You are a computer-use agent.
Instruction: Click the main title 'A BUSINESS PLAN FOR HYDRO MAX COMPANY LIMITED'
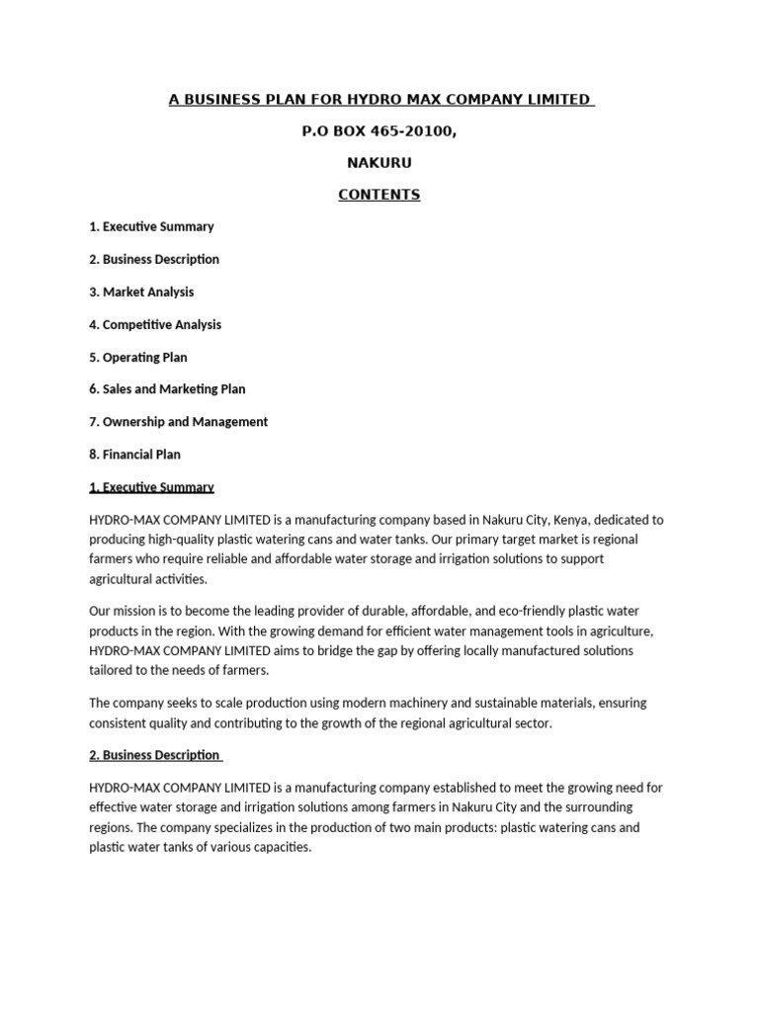(379, 99)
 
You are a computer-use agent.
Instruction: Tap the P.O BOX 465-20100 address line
(379, 130)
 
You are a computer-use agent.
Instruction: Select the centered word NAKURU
(379, 162)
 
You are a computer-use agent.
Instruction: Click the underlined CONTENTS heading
(379, 195)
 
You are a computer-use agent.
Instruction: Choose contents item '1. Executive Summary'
(151, 226)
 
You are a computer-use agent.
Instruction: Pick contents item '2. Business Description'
(154, 259)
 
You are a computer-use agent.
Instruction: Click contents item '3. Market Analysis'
(141, 292)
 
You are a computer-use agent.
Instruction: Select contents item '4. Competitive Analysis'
(155, 324)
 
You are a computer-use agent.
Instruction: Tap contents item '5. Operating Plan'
(138, 357)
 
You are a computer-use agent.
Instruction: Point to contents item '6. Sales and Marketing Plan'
(167, 389)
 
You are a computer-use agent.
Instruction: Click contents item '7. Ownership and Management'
(178, 422)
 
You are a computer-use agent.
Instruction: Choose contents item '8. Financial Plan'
(135, 455)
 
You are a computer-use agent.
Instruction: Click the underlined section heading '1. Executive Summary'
(151, 487)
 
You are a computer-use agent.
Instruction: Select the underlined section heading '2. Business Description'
(154, 755)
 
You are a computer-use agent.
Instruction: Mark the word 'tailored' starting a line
(111, 670)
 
